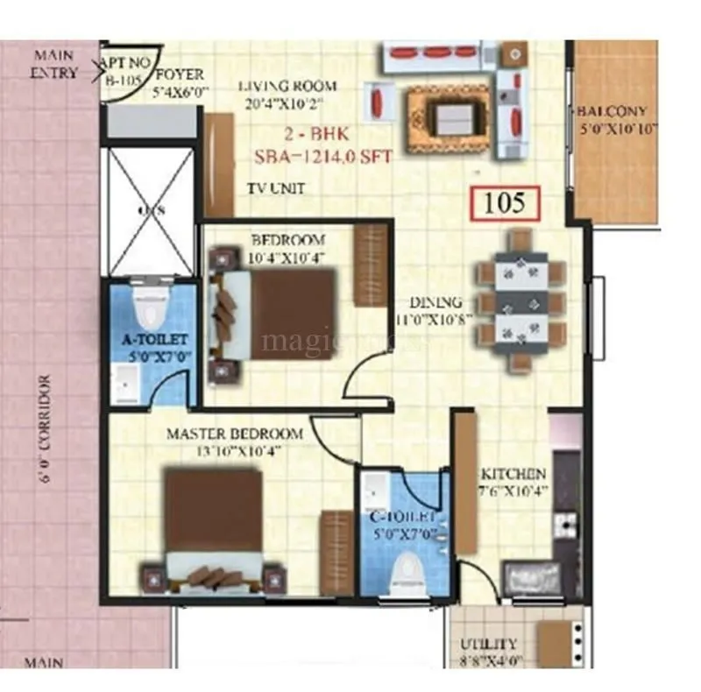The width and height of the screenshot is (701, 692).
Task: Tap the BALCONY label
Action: click(x=612, y=112)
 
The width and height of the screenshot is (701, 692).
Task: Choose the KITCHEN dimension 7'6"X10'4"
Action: click(x=513, y=491)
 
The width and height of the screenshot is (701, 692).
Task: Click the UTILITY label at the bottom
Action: click(x=493, y=644)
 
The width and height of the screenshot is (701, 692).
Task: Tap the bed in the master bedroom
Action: click(x=215, y=526)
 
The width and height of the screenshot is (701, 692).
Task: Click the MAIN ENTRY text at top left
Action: click(x=54, y=64)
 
